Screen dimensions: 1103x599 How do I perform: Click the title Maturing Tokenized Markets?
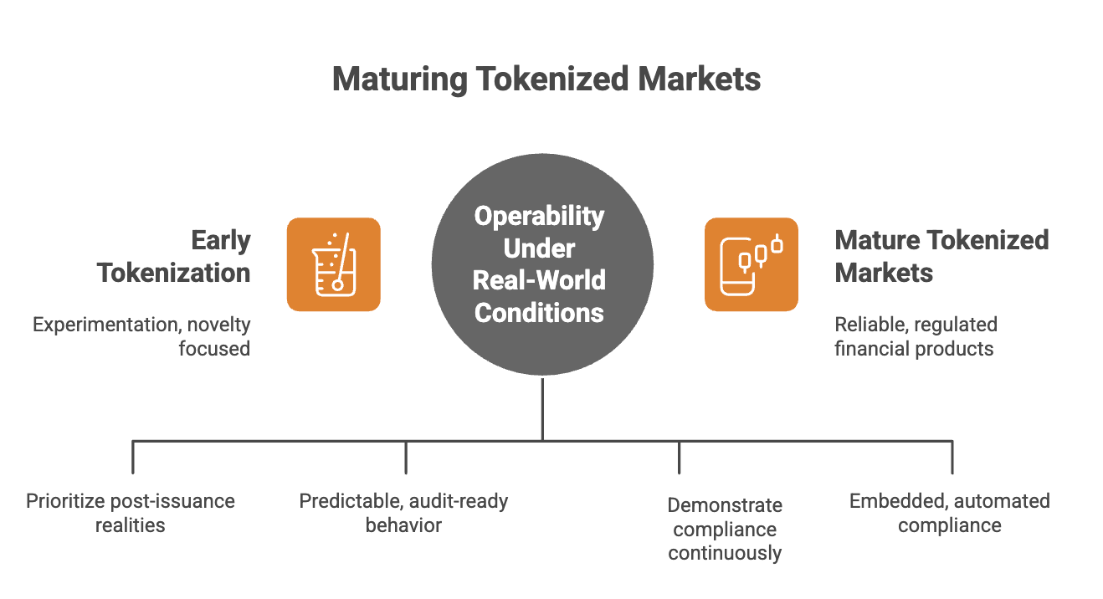[546, 79]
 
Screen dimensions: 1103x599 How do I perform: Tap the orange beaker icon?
[333, 264]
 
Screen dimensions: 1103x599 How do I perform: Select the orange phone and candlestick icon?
[751, 264]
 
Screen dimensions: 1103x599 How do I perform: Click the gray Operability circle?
[541, 264]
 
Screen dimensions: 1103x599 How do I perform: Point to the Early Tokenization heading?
[174, 256]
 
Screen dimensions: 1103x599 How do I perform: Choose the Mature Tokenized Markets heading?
[941, 256]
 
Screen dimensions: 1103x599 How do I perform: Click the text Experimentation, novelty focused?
[142, 335]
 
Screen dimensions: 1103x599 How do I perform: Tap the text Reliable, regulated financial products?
[916, 335]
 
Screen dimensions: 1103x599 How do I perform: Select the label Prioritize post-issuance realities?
[131, 513]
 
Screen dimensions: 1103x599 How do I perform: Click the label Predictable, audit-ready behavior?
[404, 513]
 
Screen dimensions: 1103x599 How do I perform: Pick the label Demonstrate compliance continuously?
[725, 529]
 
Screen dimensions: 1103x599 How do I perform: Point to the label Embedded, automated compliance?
[950, 513]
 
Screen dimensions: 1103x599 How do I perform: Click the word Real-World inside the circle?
[540, 279]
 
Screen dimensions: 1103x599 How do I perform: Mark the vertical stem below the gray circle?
[542, 409]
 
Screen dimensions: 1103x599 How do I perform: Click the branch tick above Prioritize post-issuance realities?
[133, 457]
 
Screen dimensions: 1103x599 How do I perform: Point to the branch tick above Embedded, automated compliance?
[952, 457]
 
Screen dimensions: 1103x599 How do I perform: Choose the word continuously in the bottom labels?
[725, 552]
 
